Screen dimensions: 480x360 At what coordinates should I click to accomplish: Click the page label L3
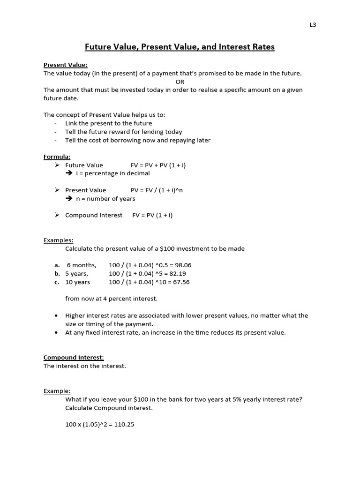coord(313,25)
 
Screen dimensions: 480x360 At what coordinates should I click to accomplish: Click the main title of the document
coord(180,47)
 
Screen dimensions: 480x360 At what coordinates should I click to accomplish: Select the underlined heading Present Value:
coord(65,65)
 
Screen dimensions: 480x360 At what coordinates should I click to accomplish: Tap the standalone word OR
coord(180,82)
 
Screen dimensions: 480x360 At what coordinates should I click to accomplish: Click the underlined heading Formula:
coord(57,157)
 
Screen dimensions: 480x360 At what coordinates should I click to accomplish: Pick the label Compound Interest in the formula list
coord(94,215)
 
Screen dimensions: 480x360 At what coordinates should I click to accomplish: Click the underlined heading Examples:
coord(59,240)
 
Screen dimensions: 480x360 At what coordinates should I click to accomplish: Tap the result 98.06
coord(182,265)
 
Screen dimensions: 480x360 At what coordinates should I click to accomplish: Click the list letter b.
coord(57,273)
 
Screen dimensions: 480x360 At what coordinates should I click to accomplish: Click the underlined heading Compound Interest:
coord(74,357)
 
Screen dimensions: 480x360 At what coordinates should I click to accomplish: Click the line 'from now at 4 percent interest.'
coord(112,299)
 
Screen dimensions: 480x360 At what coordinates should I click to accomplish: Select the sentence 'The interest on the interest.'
coord(85,366)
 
